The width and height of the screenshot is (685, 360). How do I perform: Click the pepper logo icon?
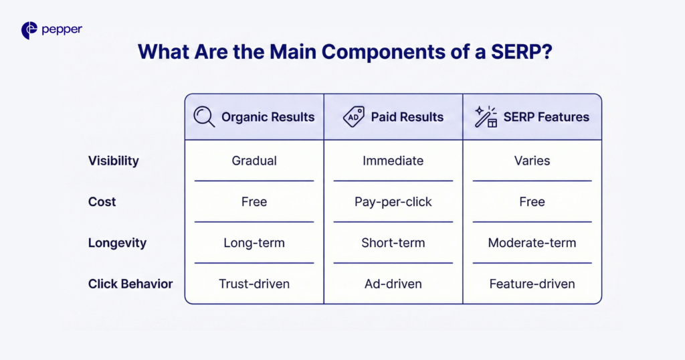29,30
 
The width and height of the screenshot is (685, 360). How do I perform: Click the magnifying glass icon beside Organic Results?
204,117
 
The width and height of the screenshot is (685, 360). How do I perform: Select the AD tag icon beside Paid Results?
353,117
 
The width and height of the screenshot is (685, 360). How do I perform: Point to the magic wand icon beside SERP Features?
486,117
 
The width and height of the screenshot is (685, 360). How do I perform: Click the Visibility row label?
113,161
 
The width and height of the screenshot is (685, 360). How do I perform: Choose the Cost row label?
102,201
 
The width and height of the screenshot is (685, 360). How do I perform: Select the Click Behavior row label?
130,284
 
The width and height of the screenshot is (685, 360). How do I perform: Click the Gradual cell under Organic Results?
254,161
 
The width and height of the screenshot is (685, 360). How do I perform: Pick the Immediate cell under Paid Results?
393,161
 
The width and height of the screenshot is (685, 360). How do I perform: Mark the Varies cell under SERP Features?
532,161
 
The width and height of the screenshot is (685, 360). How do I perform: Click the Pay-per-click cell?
393,201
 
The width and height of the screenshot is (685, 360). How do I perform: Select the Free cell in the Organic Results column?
254,201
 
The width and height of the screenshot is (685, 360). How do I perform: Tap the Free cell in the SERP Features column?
532,201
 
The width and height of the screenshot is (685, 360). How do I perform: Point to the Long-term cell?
254,243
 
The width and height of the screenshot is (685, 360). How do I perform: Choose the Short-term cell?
393,243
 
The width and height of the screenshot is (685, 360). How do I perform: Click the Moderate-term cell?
532,243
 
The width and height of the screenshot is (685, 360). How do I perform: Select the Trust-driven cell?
254,284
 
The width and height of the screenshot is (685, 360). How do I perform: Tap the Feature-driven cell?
532,284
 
